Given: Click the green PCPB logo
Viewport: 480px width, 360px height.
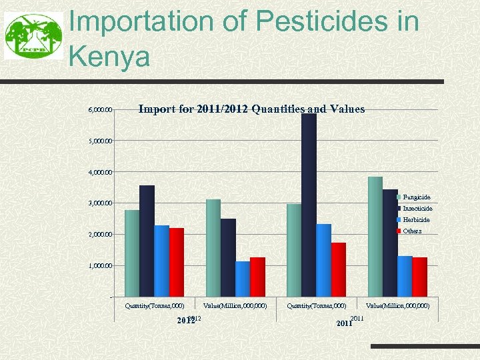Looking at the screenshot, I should pyautogui.click(x=31, y=37).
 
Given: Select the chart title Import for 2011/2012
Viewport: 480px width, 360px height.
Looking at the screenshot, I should pyautogui.click(x=251, y=109).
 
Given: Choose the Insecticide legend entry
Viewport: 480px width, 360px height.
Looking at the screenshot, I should pyautogui.click(x=417, y=209).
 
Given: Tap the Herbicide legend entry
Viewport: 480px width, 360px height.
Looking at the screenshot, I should pyautogui.click(x=416, y=220).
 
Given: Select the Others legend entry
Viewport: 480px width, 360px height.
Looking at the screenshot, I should pyautogui.click(x=412, y=231).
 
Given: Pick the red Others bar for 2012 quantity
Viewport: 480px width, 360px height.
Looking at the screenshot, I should pyautogui.click(x=177, y=262).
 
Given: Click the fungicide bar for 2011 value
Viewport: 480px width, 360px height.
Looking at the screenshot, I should pyautogui.click(x=375, y=237).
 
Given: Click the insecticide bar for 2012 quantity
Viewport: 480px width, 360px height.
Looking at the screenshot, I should pyautogui.click(x=147, y=241).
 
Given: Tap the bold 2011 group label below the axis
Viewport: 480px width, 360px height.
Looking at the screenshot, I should pyautogui.click(x=344, y=323).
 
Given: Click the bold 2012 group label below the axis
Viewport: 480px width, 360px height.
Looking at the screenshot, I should pyautogui.click(x=185, y=321).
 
